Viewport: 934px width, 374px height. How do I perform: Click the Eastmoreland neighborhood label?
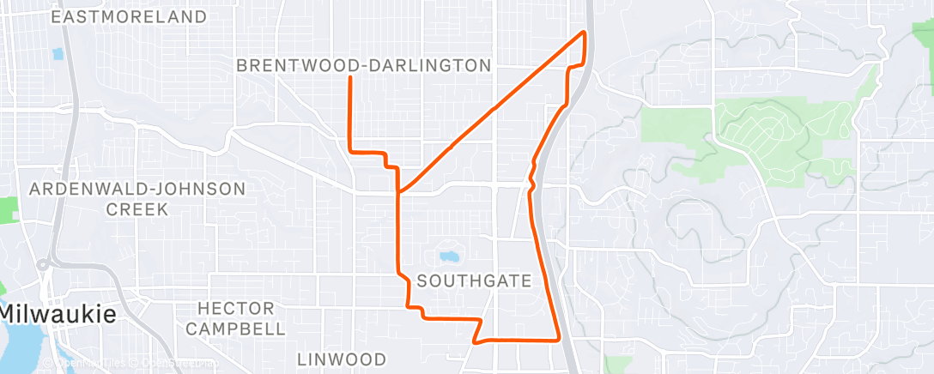pyautogui.click(x=130, y=16)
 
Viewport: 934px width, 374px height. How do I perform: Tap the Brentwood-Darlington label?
pyautogui.click(x=363, y=65)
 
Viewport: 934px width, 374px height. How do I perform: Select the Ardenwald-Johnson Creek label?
pyautogui.click(x=137, y=198)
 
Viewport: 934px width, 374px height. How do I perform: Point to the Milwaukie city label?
pyautogui.click(x=58, y=314)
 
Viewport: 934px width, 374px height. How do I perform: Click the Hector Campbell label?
pyautogui.click(x=236, y=317)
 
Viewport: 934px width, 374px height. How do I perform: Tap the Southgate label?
pyautogui.click(x=474, y=280)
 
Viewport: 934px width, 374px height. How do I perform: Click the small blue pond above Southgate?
pyautogui.click(x=447, y=256)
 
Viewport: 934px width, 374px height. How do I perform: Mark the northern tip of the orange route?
pyautogui.click(x=585, y=32)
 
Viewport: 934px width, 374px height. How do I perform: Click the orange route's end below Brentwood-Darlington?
pyautogui.click(x=349, y=78)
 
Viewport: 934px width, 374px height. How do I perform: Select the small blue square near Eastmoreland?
pyautogui.click(x=58, y=53)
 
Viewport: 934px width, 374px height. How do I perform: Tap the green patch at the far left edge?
pyautogui.click(x=8, y=209)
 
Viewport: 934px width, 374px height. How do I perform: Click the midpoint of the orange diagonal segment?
pyautogui.click(x=492, y=111)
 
